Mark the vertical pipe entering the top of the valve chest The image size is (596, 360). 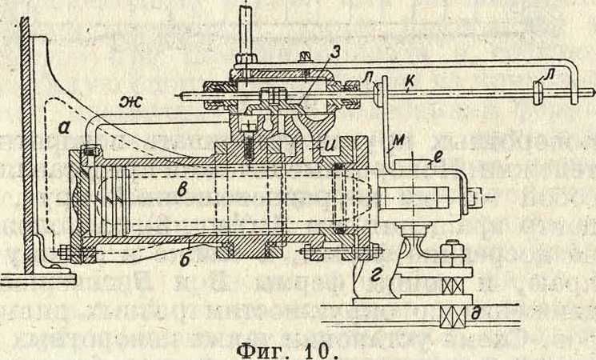pyautogui.click(x=248, y=28)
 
